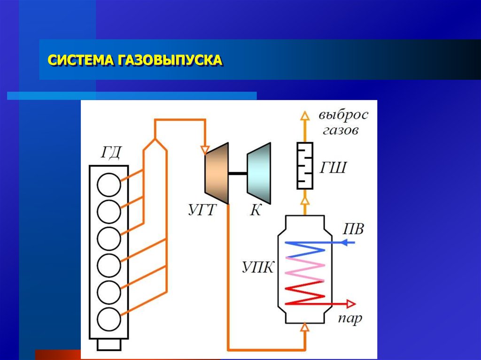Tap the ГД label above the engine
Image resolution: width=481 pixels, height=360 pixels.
111,153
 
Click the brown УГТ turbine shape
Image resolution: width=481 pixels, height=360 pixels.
217,174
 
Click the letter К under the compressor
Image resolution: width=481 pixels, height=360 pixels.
255,209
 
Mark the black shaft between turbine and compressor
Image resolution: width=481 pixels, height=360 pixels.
238,174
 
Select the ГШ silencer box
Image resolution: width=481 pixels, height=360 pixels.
305,166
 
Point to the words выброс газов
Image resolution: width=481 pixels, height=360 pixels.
341,122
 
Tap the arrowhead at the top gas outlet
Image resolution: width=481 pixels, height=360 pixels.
305,115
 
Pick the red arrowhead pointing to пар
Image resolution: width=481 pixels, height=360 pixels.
349,303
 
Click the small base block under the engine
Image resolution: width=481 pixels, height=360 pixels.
109,345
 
